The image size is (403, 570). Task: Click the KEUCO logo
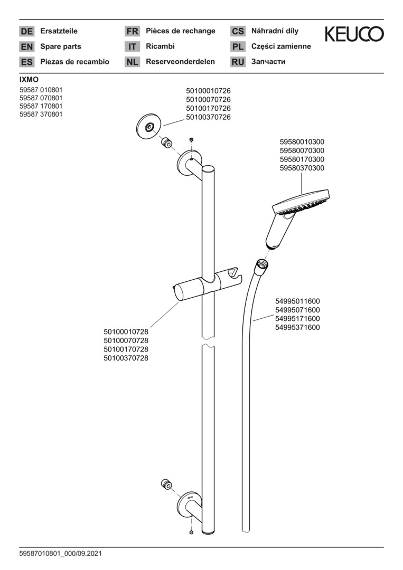click(x=354, y=35)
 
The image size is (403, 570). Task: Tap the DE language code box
click(x=26, y=31)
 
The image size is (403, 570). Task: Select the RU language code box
click(x=238, y=62)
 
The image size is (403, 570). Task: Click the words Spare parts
click(x=61, y=46)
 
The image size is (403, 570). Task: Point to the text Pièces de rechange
click(x=181, y=31)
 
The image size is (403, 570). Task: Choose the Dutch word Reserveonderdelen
click(x=180, y=62)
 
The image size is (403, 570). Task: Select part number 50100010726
click(x=208, y=91)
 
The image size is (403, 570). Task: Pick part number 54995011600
click(x=297, y=301)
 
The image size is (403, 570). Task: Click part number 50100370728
click(x=126, y=358)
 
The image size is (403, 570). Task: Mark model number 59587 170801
click(x=41, y=106)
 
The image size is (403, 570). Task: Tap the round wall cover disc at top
click(x=149, y=127)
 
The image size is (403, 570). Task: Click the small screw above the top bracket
click(x=191, y=139)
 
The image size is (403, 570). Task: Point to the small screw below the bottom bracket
click(x=191, y=532)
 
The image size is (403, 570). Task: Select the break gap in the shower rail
click(x=208, y=345)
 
